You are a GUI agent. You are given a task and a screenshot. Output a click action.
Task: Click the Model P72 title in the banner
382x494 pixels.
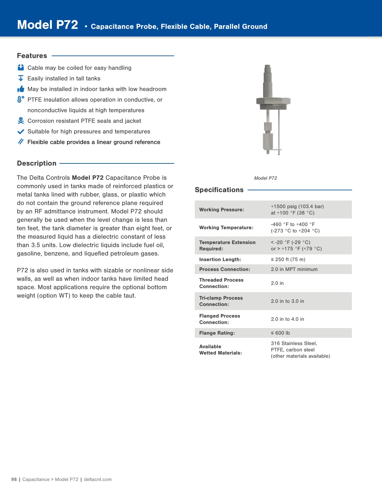click(47, 25)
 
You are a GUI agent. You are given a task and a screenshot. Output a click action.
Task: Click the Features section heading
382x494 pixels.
click(32, 56)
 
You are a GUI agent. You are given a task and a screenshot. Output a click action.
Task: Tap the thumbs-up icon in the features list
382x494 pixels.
click(21, 89)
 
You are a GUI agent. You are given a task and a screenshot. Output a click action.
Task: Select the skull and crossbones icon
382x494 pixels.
click(21, 121)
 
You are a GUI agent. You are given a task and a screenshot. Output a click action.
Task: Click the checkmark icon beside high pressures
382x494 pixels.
click(21, 132)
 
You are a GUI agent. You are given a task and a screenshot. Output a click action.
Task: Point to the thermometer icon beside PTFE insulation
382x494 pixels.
click(21, 99)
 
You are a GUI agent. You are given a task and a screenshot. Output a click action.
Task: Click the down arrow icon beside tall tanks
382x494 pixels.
click(21, 78)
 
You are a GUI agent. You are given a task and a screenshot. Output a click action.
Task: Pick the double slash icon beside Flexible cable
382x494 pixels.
click(21, 142)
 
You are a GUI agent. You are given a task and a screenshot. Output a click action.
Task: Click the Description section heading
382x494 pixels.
click(37, 163)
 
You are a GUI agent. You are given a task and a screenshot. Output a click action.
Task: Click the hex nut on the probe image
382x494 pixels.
click(273, 101)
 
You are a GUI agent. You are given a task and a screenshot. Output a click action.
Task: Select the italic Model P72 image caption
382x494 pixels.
click(265, 178)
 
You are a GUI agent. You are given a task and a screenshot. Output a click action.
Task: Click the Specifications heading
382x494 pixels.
click(219, 190)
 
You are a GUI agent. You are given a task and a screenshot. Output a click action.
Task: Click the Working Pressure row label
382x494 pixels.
click(222, 210)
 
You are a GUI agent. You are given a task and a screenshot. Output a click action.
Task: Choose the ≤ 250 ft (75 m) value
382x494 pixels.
click(288, 259)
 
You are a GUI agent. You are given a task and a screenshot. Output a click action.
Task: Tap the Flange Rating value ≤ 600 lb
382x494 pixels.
click(280, 333)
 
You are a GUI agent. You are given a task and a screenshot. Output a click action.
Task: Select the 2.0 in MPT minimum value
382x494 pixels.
click(294, 269)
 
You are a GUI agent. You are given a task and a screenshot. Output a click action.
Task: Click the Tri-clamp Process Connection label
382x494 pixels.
click(221, 301)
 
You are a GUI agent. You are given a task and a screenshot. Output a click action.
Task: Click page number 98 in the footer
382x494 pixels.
click(14, 479)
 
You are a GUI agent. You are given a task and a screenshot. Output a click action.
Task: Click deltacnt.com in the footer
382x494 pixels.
click(98, 479)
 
